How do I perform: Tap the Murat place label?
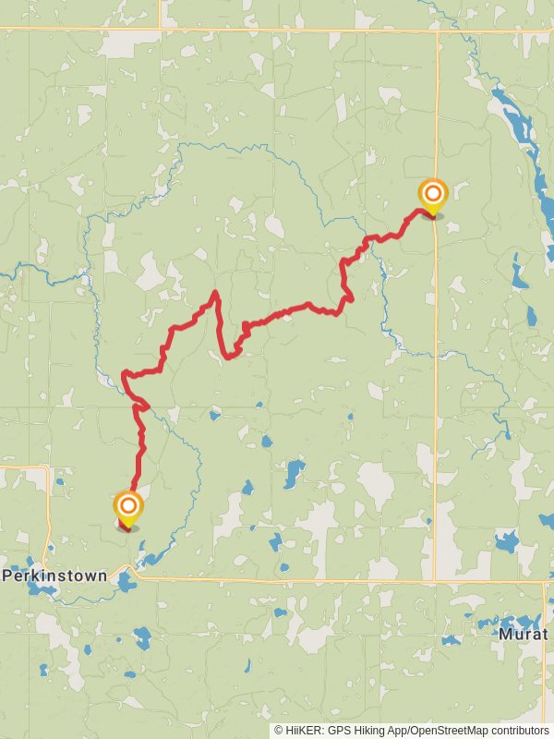[523, 635]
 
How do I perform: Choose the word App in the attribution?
[402, 730]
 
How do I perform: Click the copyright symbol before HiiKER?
[279, 730]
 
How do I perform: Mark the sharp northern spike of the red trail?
[215, 293]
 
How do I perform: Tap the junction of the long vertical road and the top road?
[437, 31]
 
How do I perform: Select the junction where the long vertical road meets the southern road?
[436, 581]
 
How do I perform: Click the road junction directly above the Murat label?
[545, 582]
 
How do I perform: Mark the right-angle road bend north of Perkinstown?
[46, 468]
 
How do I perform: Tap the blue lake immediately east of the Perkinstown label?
[126, 579]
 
